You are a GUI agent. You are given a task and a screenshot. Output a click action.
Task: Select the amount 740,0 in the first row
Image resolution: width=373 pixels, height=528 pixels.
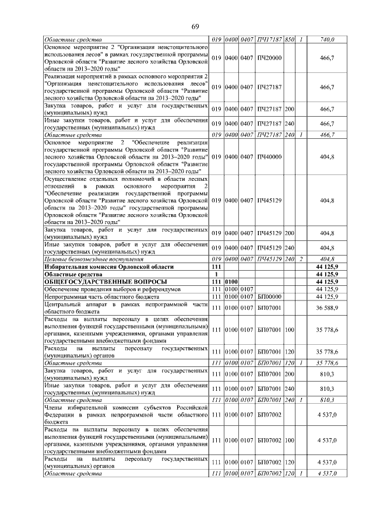328,40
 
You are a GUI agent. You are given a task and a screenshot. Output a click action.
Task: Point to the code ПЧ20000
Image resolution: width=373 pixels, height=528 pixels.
269,58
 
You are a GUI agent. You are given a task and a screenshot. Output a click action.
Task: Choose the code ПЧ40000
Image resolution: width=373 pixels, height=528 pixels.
269,157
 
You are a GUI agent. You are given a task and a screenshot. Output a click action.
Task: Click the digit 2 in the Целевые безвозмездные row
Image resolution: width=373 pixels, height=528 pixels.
301,258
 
